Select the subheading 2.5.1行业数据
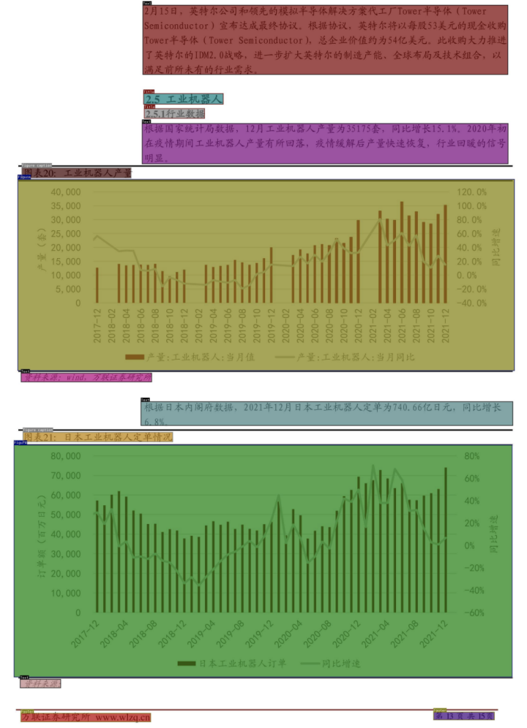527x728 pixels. pos(174,114)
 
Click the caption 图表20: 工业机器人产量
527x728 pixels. pos(76,173)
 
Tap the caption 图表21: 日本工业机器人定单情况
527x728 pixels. pos(97,436)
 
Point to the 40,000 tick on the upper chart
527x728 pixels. pos(66,192)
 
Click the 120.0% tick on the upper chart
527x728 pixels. pos(471,192)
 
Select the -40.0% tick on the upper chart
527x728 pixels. pos(471,303)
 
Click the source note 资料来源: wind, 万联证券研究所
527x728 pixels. pos(86,378)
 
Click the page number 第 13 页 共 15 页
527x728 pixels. pos(464,716)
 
